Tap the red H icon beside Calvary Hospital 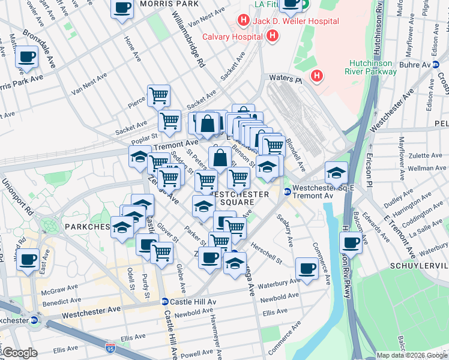[273, 36]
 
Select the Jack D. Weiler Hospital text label [295, 22]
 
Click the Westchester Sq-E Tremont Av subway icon [287, 191]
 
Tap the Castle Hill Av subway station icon [164, 302]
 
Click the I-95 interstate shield [110, 347]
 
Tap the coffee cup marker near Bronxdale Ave [27, 58]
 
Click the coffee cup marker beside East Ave [28, 260]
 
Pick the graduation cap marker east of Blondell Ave [337, 172]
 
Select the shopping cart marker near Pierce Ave [158, 95]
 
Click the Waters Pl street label [285, 78]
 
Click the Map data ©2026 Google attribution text [411, 355]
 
